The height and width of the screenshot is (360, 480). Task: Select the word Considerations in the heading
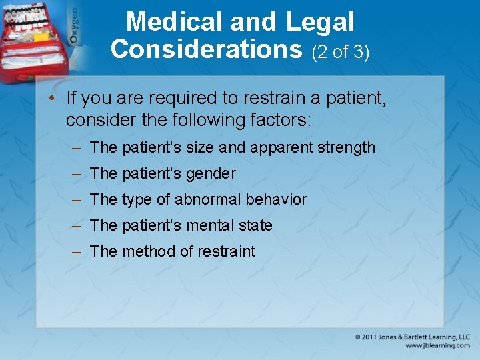[206, 49]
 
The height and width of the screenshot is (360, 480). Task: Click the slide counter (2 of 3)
[340, 51]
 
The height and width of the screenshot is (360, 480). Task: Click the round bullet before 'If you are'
[52, 99]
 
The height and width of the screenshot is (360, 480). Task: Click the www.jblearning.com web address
[437, 346]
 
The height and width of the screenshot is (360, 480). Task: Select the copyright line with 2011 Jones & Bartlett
[413, 337]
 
